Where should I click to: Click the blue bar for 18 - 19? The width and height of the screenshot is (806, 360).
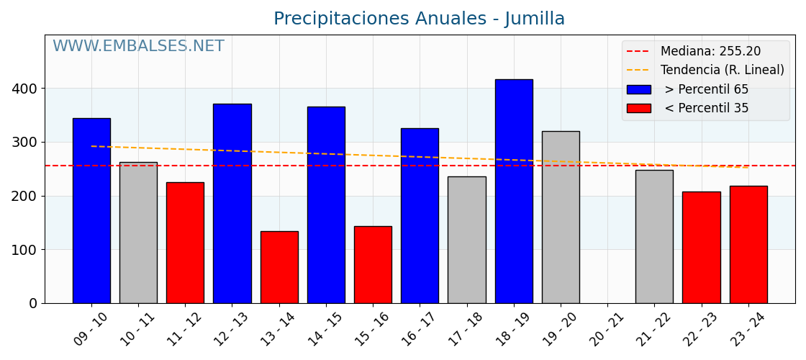click(x=514, y=191)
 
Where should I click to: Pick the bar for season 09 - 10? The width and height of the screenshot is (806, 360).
click(x=91, y=210)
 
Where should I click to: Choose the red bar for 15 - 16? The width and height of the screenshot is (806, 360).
click(x=373, y=264)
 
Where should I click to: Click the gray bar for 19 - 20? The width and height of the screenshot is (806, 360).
click(x=561, y=217)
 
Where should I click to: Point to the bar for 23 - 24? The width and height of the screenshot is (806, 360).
click(x=748, y=244)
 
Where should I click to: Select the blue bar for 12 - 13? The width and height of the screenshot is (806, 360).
click(x=232, y=203)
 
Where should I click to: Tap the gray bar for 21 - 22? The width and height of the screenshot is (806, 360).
click(x=654, y=236)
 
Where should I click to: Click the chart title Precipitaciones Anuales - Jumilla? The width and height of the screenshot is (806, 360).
click(x=419, y=19)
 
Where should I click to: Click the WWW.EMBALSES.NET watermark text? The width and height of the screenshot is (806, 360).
click(x=138, y=47)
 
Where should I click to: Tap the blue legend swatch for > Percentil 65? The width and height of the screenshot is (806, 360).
click(x=638, y=89)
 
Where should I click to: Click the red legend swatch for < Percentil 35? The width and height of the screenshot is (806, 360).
click(x=638, y=108)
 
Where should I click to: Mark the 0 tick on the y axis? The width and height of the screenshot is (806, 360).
click(x=33, y=303)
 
